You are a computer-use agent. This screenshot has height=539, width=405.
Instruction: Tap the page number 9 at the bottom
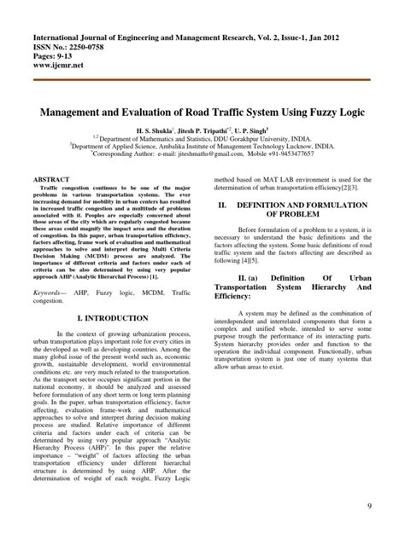tap(369, 508)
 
